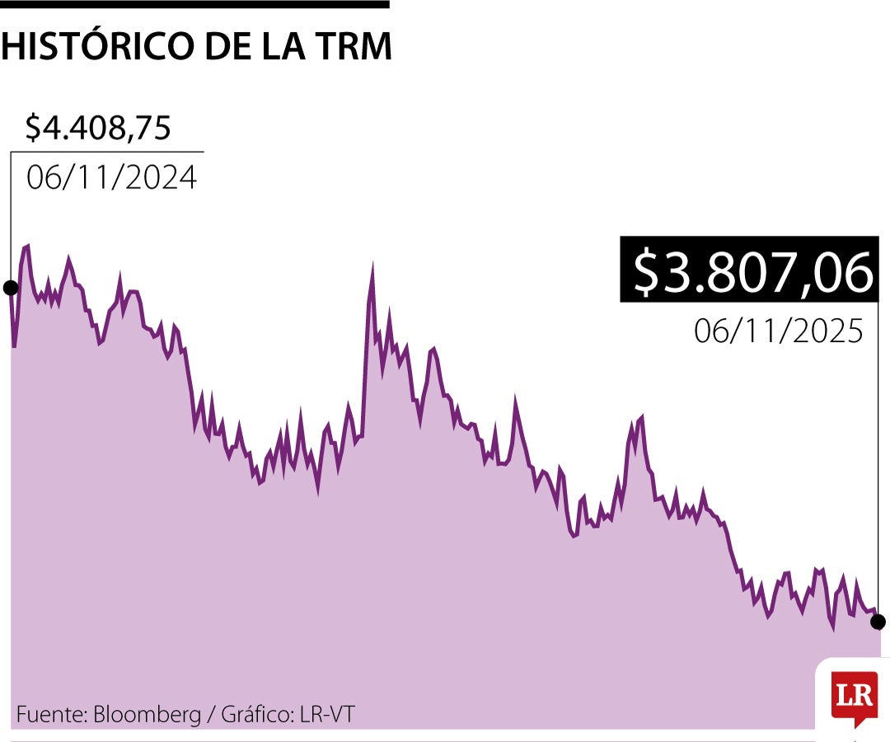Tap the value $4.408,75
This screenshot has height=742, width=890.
(x=98, y=128)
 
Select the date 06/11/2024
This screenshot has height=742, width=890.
(x=111, y=177)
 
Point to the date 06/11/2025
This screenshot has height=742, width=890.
(x=778, y=331)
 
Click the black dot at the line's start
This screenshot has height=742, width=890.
(x=11, y=288)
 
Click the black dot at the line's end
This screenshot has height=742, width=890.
(x=878, y=621)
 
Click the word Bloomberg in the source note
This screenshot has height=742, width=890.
(x=147, y=714)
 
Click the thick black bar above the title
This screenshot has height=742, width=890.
(x=194, y=4)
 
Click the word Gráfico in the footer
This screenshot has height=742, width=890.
(x=252, y=714)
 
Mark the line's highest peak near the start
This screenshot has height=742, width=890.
(x=27, y=246)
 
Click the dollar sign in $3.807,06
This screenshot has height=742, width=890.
(x=647, y=273)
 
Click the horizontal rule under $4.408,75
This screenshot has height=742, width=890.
(x=107, y=153)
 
